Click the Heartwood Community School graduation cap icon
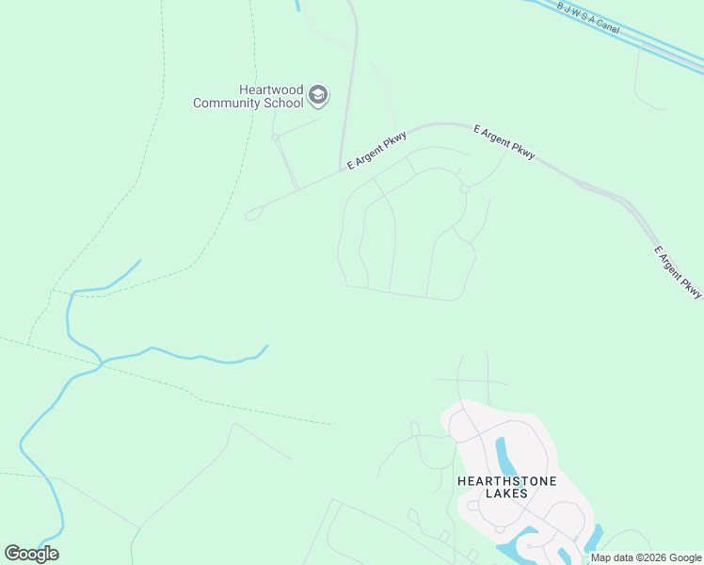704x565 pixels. tap(318, 95)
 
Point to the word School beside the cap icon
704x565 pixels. tap(284, 103)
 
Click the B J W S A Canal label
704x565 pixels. tap(589, 16)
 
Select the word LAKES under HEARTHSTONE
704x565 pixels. tap(506, 493)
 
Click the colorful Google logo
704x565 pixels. tap(31, 554)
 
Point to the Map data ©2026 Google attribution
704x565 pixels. tap(647, 557)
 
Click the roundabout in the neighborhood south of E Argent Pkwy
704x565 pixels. tap(465, 189)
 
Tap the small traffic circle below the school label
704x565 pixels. tap(275, 137)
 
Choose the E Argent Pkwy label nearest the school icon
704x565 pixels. tap(376, 150)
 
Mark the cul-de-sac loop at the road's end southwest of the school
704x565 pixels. tap(251, 215)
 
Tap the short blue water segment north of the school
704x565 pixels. tap(297, 5)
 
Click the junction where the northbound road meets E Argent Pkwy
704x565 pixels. tap(341, 170)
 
